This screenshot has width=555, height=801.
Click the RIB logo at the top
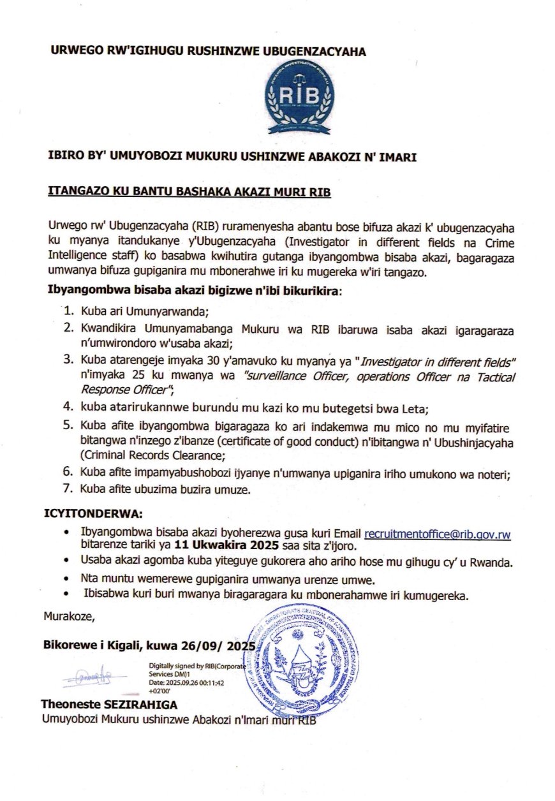(299, 99)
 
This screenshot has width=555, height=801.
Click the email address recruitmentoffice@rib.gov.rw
(437, 534)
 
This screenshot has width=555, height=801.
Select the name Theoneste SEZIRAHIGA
(109, 705)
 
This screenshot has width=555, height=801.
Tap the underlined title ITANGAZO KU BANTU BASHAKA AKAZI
(190, 191)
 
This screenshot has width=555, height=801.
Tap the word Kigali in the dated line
(122, 646)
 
